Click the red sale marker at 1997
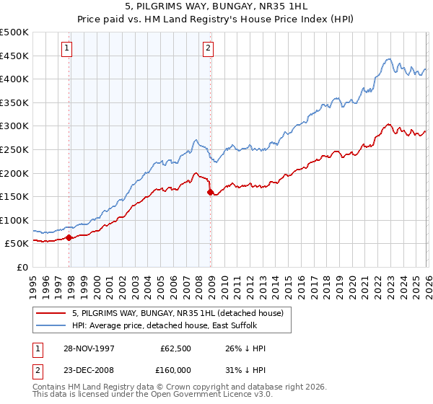tap(69, 237)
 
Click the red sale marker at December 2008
tap(210, 193)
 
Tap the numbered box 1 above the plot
tap(66, 48)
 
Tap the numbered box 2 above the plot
tap(208, 48)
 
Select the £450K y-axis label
tap(14, 56)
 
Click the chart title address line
tap(216, 9)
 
